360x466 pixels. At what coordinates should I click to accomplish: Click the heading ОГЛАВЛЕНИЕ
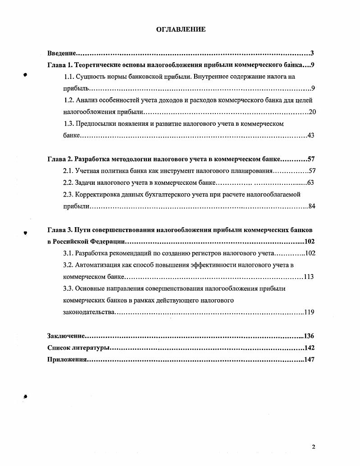pos(181,29)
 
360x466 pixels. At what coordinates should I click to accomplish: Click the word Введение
pos(62,53)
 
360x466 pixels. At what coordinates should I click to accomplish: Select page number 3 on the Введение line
pos(312,53)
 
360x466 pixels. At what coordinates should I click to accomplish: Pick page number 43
pos(310,135)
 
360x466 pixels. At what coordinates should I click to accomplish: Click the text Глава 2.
pos(59,159)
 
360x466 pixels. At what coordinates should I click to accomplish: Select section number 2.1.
pos(68,171)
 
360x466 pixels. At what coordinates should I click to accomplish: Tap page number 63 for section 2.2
pos(310,183)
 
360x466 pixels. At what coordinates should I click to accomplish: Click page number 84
pos(310,206)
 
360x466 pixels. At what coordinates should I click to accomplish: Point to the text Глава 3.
pos(59,230)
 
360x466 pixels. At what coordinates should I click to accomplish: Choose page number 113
pos(309,277)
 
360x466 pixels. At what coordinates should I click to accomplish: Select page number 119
pos(309,312)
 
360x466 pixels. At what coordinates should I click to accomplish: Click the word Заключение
pos(66,336)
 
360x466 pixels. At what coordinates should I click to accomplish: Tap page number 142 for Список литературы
pos(309,347)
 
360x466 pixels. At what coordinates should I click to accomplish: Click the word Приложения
pos(67,359)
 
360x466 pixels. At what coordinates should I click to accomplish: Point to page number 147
pos(309,359)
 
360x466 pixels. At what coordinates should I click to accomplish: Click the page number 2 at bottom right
pos(313,447)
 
